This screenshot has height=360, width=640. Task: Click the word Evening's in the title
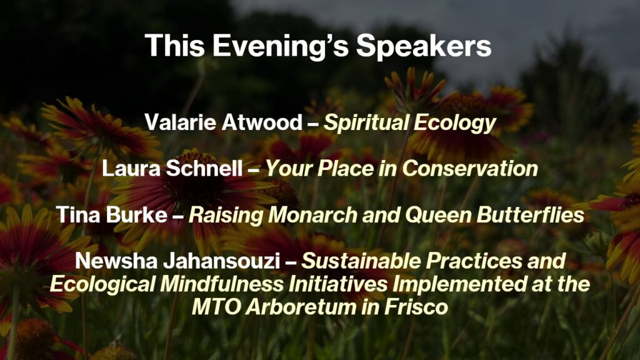coord(281,46)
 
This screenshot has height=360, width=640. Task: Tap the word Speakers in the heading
coord(424,46)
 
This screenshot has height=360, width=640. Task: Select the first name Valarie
coord(180,122)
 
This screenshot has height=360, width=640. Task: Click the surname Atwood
coord(262,122)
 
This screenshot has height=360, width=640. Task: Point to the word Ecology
coord(455,124)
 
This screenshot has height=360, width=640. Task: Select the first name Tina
coord(77,215)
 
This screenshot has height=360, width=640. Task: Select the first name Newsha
coord(116,261)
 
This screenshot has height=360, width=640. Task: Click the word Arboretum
coord(301,307)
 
